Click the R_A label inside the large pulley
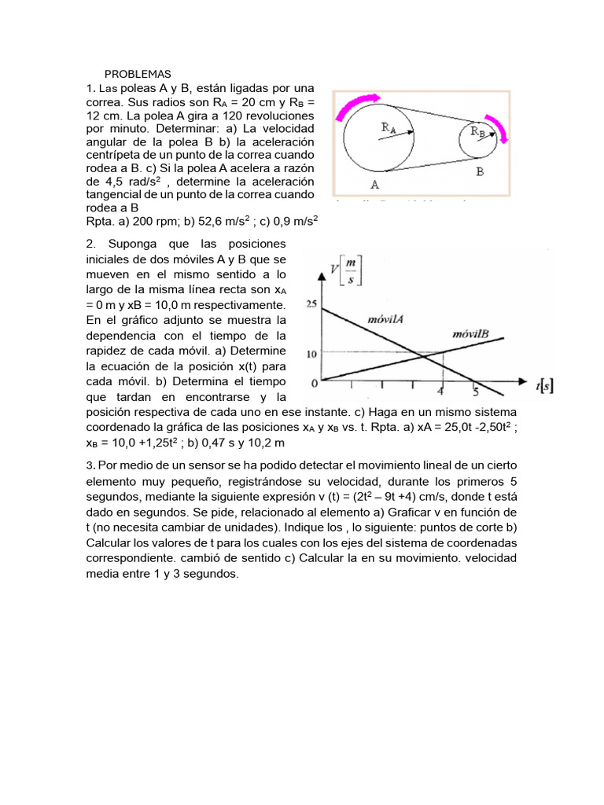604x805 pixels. pos(389,127)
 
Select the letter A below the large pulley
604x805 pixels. pos(375,186)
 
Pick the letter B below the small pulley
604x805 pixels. pos(479,171)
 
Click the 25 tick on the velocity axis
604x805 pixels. pos(311,303)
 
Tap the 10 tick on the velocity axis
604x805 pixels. pos(311,354)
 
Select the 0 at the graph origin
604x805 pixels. pos(314,383)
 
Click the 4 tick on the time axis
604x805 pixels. pos(441,391)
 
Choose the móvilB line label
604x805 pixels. pos(472,335)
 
